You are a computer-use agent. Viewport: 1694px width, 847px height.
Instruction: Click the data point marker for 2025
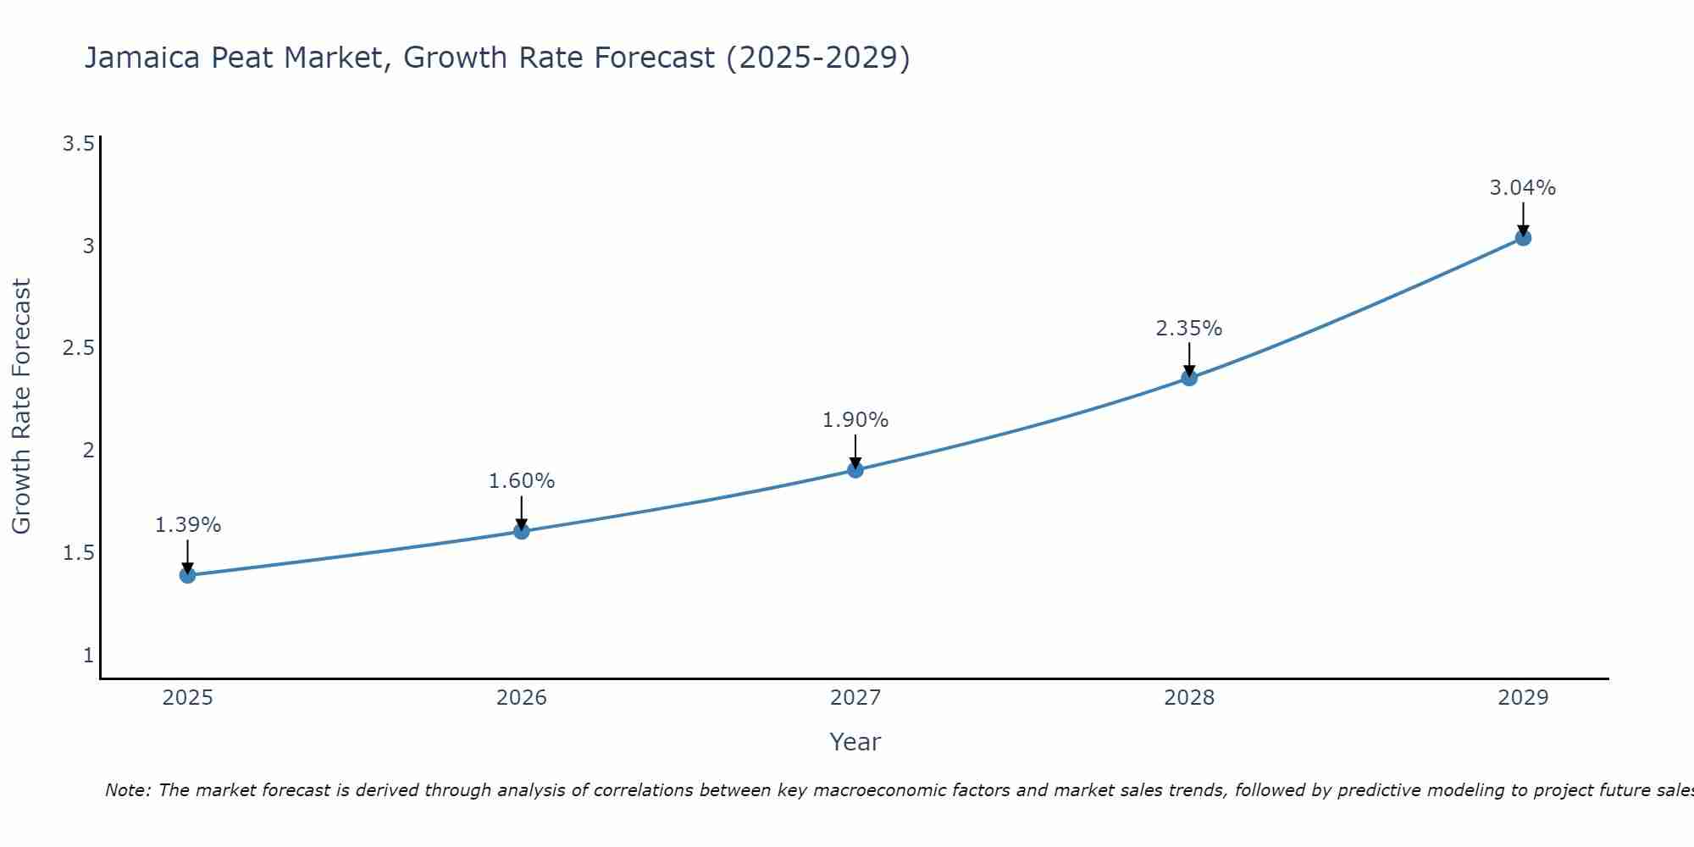click(187, 575)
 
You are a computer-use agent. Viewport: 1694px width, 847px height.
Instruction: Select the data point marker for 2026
click(522, 531)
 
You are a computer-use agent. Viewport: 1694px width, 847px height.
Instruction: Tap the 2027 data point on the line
click(855, 469)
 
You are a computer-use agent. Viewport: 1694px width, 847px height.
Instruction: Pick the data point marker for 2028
click(1189, 378)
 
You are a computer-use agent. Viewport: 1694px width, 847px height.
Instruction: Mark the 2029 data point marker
click(1523, 238)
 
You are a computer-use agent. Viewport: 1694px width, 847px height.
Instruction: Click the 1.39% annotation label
click(187, 525)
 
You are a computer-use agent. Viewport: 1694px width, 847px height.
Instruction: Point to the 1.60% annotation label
click(522, 481)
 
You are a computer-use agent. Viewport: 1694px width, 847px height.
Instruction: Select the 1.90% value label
click(855, 420)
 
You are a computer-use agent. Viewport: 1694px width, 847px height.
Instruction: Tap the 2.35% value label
click(1189, 329)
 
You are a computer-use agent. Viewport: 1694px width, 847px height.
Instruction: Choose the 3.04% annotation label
click(1523, 188)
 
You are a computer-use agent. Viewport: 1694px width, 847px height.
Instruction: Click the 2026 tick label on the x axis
click(522, 698)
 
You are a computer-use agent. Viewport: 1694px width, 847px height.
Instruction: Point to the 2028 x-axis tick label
click(1189, 698)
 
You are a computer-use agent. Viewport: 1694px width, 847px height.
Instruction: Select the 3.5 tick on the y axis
click(79, 144)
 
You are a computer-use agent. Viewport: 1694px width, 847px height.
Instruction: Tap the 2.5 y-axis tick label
click(79, 348)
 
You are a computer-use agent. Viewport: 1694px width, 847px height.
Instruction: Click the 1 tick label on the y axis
click(88, 655)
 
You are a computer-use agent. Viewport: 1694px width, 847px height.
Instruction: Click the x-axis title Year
click(855, 742)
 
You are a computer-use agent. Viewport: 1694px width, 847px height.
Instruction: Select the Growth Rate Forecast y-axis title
click(22, 407)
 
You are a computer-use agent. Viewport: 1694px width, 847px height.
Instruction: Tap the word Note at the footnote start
click(127, 790)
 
